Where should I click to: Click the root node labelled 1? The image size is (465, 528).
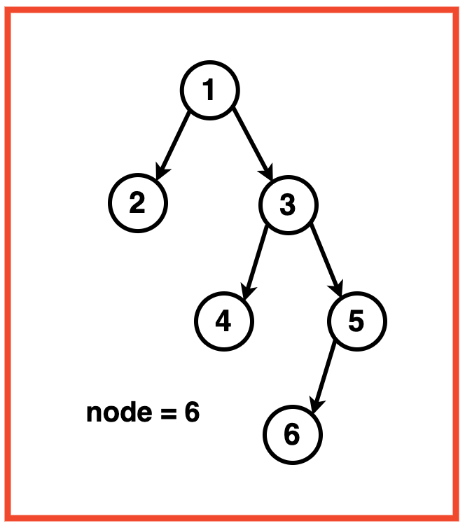pyautogui.click(x=209, y=90)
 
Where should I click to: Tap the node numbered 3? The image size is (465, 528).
pyautogui.click(x=288, y=204)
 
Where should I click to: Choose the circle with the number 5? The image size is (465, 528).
pyautogui.click(x=356, y=321)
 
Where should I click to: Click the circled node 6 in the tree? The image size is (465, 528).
pyautogui.click(x=292, y=435)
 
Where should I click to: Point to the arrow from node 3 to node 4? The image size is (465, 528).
pyautogui.click(x=256, y=259)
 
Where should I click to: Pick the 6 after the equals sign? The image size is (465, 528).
pyautogui.click(x=192, y=412)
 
